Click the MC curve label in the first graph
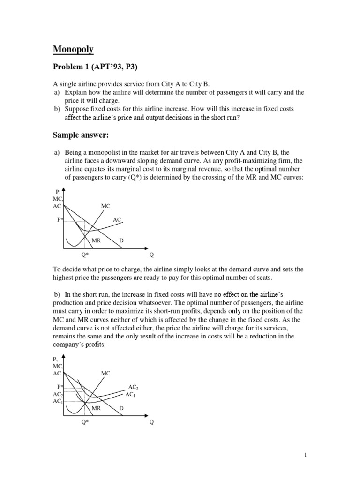[x=105, y=206]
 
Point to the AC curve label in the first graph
[x=117, y=219]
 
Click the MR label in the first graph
[x=97, y=240]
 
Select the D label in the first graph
[x=121, y=240]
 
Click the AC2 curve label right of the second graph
[x=133, y=387]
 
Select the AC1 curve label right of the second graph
[x=130, y=395]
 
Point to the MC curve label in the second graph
[x=105, y=373]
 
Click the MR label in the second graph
[x=97, y=408]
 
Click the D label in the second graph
[x=121, y=408]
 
